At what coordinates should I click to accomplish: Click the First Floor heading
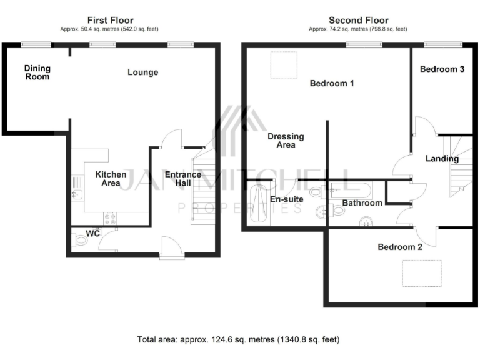110,21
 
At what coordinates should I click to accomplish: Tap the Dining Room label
37,72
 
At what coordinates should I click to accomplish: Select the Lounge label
142,72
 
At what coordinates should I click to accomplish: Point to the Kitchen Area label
111,179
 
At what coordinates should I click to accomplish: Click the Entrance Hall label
182,179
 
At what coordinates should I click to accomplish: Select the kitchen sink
77,186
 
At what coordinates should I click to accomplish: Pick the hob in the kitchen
111,219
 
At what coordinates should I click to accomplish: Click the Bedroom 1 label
332,83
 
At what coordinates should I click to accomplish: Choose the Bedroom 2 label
400,247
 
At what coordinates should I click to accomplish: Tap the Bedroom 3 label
441,69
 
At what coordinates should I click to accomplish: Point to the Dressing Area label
286,141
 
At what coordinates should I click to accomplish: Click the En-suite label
286,200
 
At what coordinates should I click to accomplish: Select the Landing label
442,159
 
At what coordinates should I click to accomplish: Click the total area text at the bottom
238,340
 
